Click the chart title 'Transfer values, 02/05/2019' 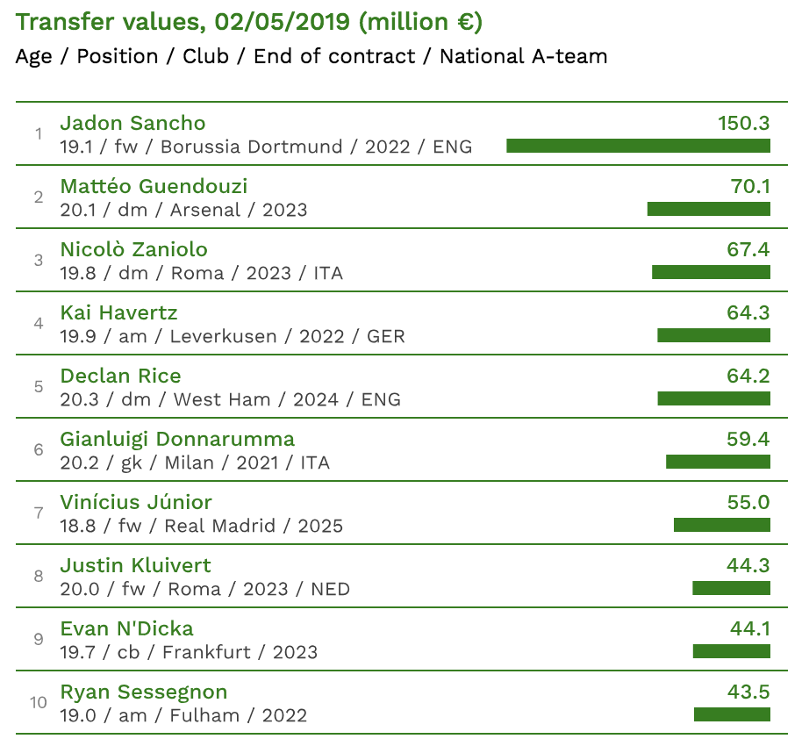249,22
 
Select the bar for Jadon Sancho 638,146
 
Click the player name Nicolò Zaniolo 133,249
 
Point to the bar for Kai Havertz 713,335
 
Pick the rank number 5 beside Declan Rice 39,387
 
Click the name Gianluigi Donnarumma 177,439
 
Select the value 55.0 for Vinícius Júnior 748,502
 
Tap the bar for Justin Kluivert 731,588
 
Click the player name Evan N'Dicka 126,628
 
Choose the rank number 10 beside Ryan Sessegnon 39,703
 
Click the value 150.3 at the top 743,123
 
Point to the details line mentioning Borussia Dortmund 266,147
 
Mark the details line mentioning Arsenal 183,210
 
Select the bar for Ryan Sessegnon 732,714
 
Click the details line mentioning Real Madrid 201,526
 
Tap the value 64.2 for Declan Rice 748,376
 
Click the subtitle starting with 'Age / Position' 311,57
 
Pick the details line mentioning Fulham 183,715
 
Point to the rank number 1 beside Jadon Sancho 39,134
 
